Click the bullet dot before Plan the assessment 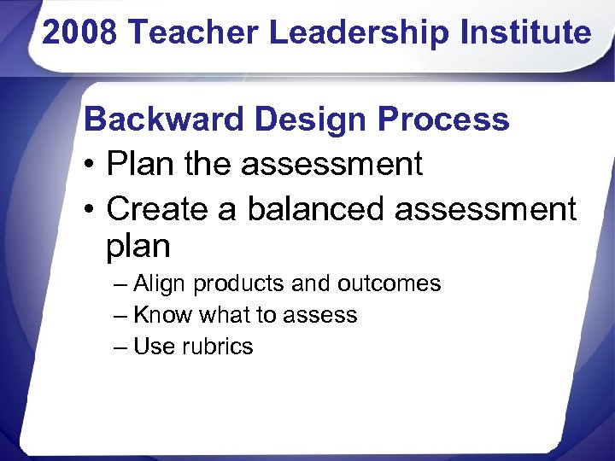(x=90, y=165)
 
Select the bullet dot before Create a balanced (x=90, y=209)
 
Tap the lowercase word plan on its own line (x=138, y=247)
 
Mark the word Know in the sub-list (x=163, y=315)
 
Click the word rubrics (x=218, y=347)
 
